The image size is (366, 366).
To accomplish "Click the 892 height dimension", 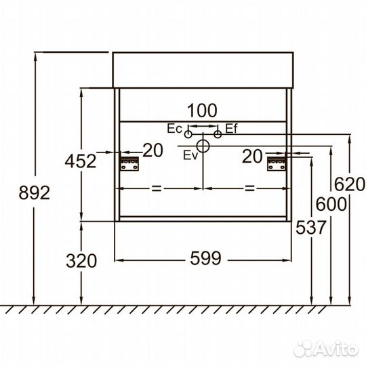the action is [35, 192].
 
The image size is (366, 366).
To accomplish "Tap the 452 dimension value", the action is [81, 161].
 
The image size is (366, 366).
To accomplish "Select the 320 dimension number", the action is [81, 260].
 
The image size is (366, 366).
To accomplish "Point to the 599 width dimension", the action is [205, 258].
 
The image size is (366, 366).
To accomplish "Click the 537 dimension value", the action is [310, 227].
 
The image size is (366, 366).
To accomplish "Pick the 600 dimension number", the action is [331, 204].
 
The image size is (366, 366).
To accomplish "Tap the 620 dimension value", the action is [350, 184].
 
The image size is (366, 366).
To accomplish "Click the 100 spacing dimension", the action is [202, 110].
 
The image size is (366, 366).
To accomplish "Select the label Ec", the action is [174, 129].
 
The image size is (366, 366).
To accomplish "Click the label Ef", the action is [231, 129].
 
